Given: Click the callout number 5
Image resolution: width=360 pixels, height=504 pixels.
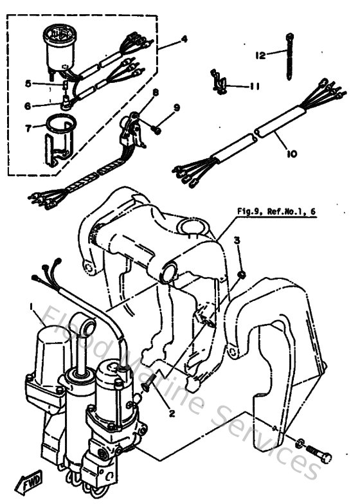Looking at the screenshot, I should pyautogui.click(x=28, y=83).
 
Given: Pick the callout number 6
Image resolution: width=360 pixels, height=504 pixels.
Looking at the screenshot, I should pyautogui.click(x=28, y=105).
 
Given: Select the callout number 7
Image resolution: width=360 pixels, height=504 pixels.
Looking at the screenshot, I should pyautogui.click(x=27, y=127).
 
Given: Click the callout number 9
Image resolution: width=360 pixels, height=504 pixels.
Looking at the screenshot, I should pyautogui.click(x=175, y=107).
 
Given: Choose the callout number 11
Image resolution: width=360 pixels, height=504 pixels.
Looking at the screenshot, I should pyautogui.click(x=254, y=85).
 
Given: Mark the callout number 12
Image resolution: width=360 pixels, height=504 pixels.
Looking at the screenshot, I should pyautogui.click(x=260, y=56).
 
